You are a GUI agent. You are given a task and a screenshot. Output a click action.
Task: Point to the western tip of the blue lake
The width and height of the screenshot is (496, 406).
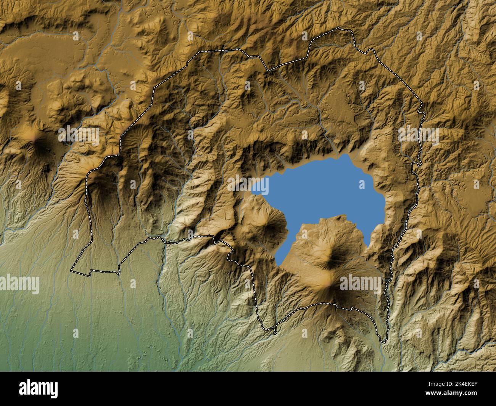tap(253, 189)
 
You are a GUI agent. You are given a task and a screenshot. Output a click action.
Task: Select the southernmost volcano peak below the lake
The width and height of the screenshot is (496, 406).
tap(328, 284)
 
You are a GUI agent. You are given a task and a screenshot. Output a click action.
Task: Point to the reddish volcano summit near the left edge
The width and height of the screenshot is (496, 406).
tap(35, 140)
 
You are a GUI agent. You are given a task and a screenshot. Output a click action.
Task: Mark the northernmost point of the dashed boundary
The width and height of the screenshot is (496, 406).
tap(339, 28)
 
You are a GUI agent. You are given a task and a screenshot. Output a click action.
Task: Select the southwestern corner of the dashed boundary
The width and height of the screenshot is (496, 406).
tap(71, 271)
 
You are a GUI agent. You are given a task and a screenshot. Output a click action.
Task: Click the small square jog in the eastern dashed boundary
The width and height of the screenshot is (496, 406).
tap(416, 164)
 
